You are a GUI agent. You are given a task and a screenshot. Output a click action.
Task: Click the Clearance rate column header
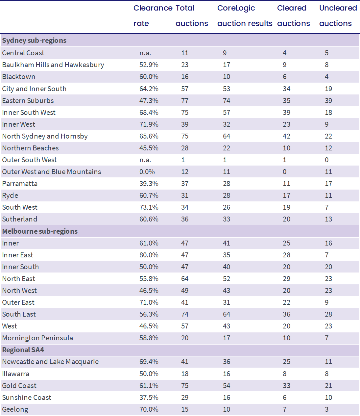[153, 16]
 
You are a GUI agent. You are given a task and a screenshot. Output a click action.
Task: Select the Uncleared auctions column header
[338, 16]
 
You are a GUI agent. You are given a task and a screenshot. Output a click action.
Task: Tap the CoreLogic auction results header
[245, 16]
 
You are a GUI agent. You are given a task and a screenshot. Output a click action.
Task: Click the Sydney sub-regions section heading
[34, 40]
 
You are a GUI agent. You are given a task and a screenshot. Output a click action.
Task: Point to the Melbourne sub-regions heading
[40, 231]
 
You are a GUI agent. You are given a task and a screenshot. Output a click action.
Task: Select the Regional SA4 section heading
[23, 350]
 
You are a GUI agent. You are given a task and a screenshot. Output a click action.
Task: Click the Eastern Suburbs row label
[28, 101]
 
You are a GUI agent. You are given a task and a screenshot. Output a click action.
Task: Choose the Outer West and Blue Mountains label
[52, 172]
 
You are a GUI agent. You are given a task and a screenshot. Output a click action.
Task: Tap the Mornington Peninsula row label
[37, 338]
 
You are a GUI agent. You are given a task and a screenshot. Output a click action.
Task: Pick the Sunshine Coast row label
[27, 398]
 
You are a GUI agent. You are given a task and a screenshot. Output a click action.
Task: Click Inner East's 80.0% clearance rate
[149, 255]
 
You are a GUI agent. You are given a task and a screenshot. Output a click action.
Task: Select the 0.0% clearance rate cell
[147, 172]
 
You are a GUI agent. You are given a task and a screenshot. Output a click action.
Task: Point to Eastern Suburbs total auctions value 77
[185, 101]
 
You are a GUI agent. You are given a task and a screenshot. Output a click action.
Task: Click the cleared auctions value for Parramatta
[286, 184]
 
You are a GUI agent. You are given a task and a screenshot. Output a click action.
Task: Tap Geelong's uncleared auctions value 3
[327, 409]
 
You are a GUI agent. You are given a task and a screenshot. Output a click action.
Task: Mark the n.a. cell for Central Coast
[145, 53]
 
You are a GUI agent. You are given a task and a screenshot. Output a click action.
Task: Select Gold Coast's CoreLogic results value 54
[227, 386]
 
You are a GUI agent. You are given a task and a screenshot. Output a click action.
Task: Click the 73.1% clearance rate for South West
[149, 207]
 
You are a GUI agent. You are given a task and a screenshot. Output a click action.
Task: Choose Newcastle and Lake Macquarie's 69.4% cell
[149, 362]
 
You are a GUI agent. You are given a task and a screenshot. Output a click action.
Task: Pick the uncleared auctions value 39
[328, 101]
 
